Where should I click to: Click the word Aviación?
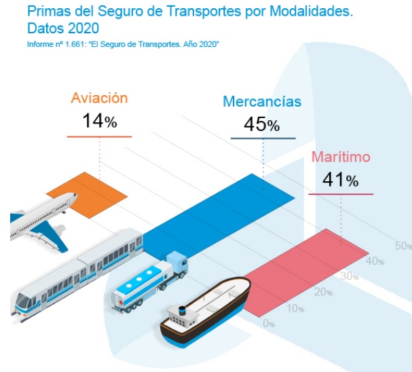pyautogui.click(x=99, y=98)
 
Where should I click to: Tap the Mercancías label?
pyautogui.click(x=262, y=103)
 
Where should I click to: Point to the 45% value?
pyautogui.click(x=261, y=125)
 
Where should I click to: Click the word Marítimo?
pyautogui.click(x=341, y=157)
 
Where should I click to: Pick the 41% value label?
pyautogui.click(x=341, y=180)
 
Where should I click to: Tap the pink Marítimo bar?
pyautogui.click(x=299, y=272)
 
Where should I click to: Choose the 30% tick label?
pyautogui.click(x=350, y=276)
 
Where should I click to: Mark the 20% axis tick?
pyautogui.click(x=324, y=293)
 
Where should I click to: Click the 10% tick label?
pyautogui.click(x=296, y=309)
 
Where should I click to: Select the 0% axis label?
pyautogui.click(x=269, y=324)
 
